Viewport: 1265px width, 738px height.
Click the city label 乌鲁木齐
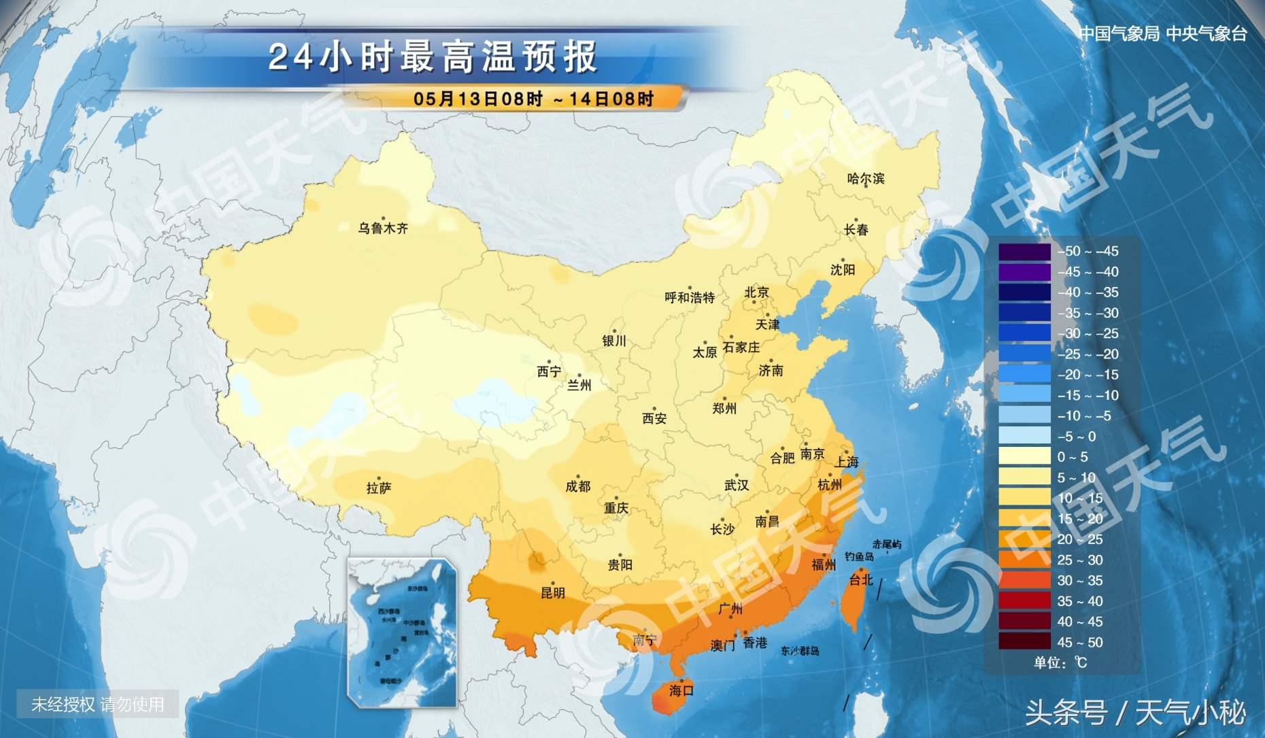click(383, 229)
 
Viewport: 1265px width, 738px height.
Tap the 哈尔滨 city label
click(866, 179)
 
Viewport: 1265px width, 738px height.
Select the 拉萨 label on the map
click(379, 488)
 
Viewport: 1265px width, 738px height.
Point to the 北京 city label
click(756, 292)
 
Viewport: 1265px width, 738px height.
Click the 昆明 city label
click(552, 593)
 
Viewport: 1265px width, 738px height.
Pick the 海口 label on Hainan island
click(681, 691)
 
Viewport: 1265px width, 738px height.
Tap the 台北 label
click(861, 580)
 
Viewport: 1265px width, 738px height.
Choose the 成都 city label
click(578, 486)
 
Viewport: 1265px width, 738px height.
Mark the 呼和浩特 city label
click(690, 298)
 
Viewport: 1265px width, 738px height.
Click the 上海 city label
click(847, 463)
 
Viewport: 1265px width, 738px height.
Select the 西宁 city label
click(549, 371)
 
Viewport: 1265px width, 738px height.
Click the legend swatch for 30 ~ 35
click(1024, 580)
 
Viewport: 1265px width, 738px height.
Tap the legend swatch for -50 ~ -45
click(1024, 252)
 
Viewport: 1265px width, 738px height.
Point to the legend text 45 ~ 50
click(1080, 642)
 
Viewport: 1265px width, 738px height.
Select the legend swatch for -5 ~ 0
click(1024, 436)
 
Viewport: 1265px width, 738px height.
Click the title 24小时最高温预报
click(433, 57)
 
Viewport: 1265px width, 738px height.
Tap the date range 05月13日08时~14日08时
click(533, 99)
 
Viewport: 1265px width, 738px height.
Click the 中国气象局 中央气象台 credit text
click(1163, 33)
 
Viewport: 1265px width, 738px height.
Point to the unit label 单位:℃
click(1060, 662)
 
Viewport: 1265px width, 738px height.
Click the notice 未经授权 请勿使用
click(98, 705)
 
